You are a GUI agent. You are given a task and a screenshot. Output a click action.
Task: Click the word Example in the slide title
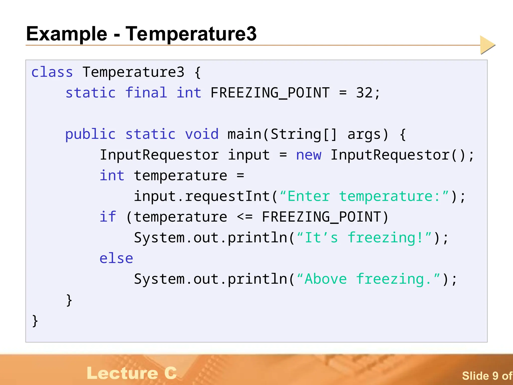[67, 34]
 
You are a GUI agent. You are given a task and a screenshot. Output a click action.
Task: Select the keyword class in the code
[52, 72]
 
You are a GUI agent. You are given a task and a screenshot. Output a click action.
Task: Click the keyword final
[146, 93]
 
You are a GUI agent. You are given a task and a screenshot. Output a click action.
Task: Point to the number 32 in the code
[364, 93]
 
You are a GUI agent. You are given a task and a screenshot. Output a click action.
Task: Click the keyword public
[90, 134]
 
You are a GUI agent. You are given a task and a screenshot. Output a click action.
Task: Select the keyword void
[202, 134]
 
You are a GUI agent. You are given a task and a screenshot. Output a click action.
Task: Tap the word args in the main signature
[364, 134]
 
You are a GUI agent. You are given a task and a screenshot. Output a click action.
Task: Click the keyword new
[309, 155]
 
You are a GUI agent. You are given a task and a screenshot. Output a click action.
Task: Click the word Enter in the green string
[309, 196]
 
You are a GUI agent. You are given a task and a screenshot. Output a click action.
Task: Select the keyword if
[108, 217]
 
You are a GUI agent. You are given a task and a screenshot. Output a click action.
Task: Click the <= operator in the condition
[244, 217]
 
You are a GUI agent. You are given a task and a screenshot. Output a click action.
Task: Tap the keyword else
[116, 258]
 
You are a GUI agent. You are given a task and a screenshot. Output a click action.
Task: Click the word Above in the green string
[326, 279]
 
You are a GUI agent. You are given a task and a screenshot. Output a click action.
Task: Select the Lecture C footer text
[132, 373]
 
